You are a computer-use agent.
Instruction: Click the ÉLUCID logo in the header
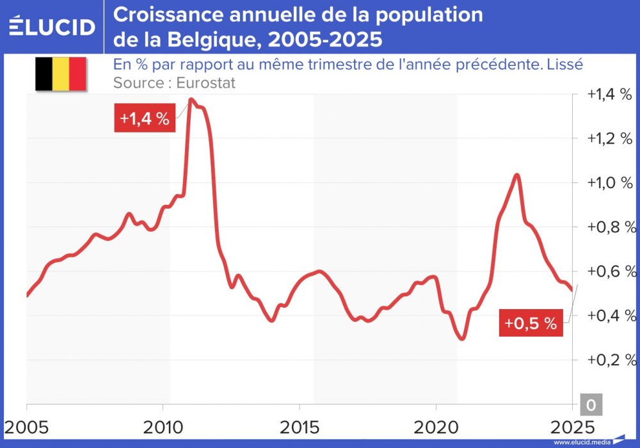pos(52,26)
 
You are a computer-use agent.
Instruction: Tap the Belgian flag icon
pos(60,74)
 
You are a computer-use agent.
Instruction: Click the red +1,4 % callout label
pos(145,119)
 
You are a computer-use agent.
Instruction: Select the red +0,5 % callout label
pos(530,323)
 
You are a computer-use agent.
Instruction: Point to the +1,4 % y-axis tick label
pos(609,95)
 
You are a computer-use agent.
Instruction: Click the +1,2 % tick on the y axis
pos(609,139)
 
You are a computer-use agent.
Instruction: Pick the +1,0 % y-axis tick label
pos(609,183)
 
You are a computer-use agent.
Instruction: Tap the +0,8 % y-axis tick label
pos(609,227)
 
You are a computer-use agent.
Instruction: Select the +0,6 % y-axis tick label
pos(609,271)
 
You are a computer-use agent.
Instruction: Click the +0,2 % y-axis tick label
pos(609,360)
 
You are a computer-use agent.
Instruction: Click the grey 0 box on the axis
pos(590,405)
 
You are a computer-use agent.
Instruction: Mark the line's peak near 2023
pos(516,175)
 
